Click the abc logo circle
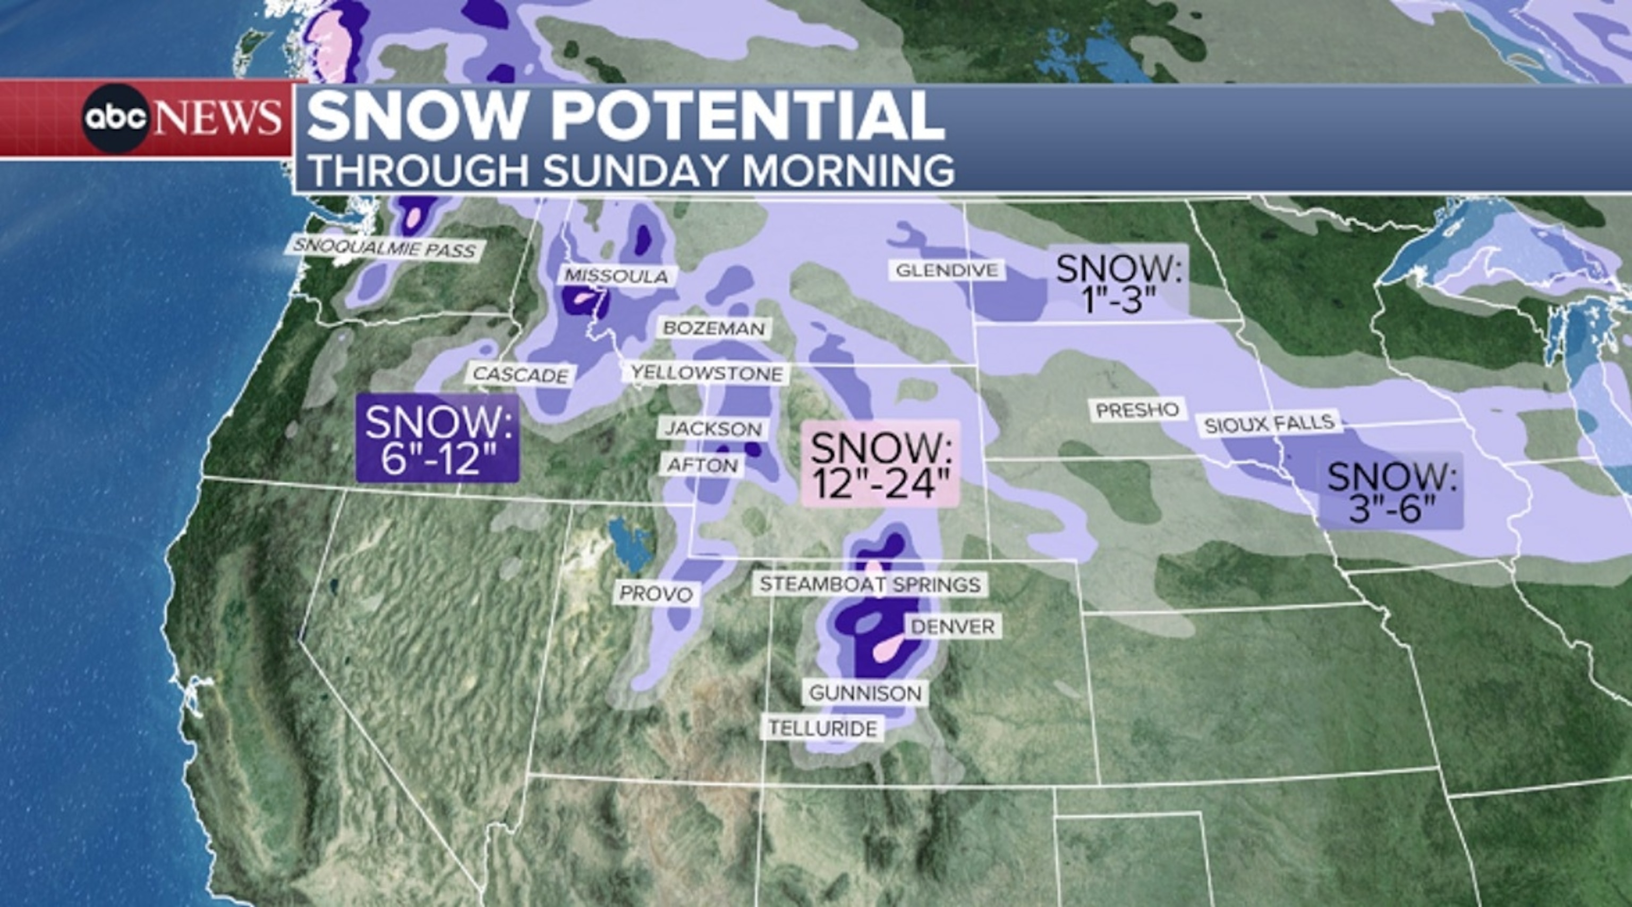(115, 118)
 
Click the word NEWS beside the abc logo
(217, 118)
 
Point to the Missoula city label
(616, 276)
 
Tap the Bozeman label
(714, 328)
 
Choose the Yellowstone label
(707, 374)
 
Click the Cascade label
(521, 375)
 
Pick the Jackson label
(713, 429)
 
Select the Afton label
(703, 466)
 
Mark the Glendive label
(947, 270)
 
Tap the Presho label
(1137, 410)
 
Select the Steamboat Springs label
(870, 584)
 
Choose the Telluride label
(822, 729)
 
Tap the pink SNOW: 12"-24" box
(881, 464)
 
